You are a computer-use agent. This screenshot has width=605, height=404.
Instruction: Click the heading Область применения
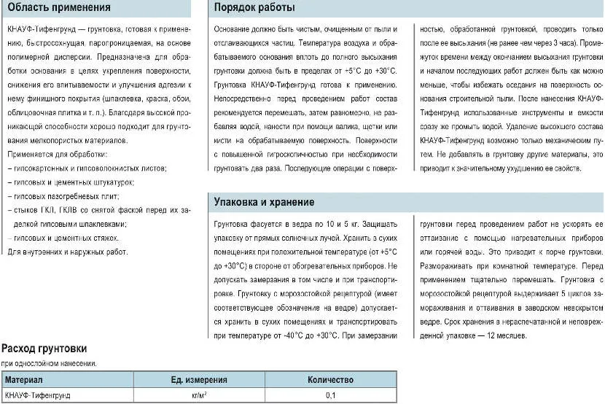point(59,8)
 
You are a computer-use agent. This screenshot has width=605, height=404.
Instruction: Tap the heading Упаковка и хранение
point(264,202)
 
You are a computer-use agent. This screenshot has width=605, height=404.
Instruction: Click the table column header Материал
point(24,380)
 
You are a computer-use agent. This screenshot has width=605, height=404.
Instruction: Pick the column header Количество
point(330,380)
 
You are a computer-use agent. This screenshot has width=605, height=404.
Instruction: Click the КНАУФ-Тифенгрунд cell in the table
point(38,395)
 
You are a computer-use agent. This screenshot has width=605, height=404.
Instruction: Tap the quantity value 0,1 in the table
point(330,395)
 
